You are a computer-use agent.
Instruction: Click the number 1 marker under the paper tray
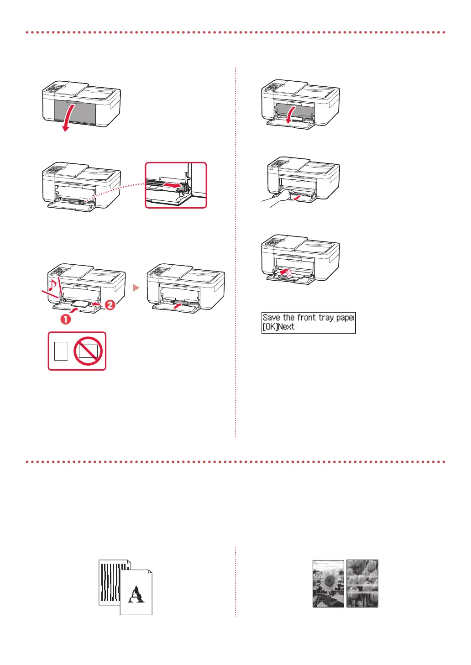[66, 319]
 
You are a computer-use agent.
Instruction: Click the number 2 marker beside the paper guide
[110, 305]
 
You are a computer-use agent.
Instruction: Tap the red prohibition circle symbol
[88, 351]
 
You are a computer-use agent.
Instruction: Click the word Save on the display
[272, 318]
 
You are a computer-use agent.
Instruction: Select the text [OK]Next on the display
[278, 327]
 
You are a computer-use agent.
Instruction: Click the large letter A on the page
[136, 595]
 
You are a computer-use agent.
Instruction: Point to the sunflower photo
[328, 583]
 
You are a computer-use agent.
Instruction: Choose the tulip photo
[362, 583]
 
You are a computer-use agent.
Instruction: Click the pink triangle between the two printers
[136, 288]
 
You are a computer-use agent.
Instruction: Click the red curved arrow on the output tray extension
[286, 273]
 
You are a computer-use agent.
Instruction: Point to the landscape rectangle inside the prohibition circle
[88, 351]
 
